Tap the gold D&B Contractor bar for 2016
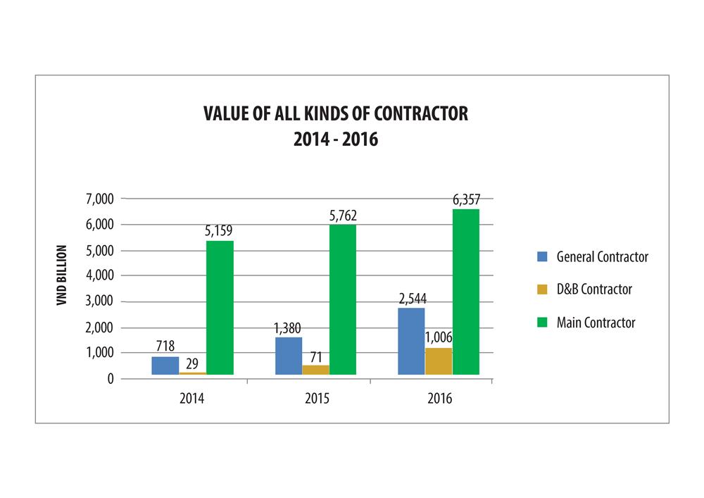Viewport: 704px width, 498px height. (x=439, y=361)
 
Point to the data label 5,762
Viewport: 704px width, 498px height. (x=342, y=214)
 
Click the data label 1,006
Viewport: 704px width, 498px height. (x=438, y=337)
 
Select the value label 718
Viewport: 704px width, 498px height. (x=165, y=346)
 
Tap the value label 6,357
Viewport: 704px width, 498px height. (x=466, y=199)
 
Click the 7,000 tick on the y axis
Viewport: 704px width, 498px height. (x=99, y=199)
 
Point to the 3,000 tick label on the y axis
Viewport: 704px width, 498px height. (x=99, y=301)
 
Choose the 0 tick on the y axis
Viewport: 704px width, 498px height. (x=110, y=378)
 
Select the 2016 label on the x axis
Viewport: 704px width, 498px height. (x=439, y=399)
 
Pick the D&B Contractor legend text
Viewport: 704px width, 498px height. (x=594, y=290)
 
